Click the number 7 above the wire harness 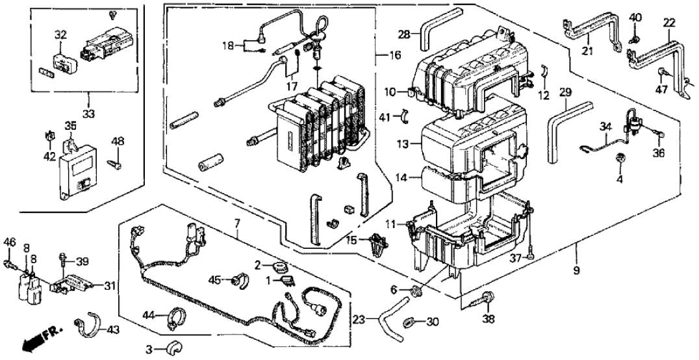pyautogui.click(x=238, y=224)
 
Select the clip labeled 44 pyautogui.click(x=175, y=318)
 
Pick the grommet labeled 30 pyautogui.click(x=410, y=321)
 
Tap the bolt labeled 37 pyautogui.click(x=531, y=251)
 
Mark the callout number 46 pyautogui.click(x=9, y=242)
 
